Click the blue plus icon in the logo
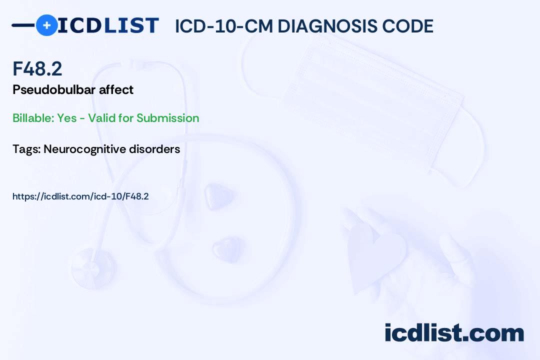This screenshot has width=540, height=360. pos(46,25)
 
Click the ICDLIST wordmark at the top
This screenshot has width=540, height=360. pos(108,25)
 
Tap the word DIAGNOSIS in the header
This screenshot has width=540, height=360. pos(326,26)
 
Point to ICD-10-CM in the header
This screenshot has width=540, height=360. pos(224,26)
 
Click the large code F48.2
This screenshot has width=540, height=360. pos(37,68)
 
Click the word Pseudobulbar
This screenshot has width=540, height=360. pos(54,89)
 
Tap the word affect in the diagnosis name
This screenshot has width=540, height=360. pos(116,89)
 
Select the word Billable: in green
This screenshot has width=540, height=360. pos(33,118)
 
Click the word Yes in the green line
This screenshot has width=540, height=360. pos(67,118)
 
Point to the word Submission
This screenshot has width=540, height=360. pos(167,118)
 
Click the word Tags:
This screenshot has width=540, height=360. pos(26,149)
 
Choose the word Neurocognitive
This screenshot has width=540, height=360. pos(84,149)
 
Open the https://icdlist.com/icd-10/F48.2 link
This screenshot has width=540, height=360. pos(80,196)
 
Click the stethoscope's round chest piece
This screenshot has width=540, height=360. pos(92,268)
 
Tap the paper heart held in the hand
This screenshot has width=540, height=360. pos(375,259)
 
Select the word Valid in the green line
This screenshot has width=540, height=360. pos(101,118)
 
